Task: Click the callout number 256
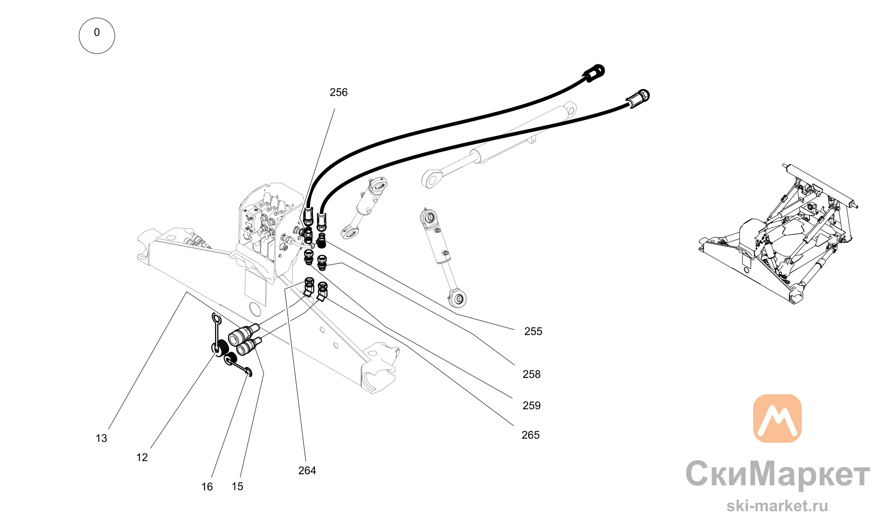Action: click(339, 92)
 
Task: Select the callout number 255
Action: click(533, 332)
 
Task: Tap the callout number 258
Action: click(531, 374)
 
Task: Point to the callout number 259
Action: click(531, 406)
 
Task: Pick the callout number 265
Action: click(530, 435)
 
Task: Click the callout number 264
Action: click(307, 471)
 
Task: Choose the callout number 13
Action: click(101, 438)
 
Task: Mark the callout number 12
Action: click(142, 457)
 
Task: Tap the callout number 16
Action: click(207, 487)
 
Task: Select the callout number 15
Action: click(237, 487)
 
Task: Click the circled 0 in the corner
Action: click(97, 36)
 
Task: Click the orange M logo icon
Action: click(777, 419)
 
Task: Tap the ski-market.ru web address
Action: click(777, 506)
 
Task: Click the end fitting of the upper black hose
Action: click(594, 73)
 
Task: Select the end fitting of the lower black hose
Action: click(638, 98)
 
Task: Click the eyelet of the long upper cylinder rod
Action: click(431, 179)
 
